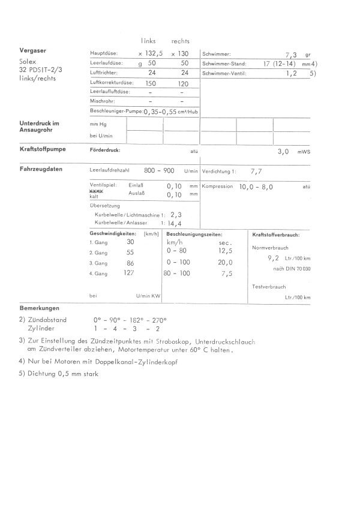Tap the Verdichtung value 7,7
coord(256,170)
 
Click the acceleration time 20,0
coord(226,262)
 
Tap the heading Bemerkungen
coord(38,308)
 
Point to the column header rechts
coord(181,41)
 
